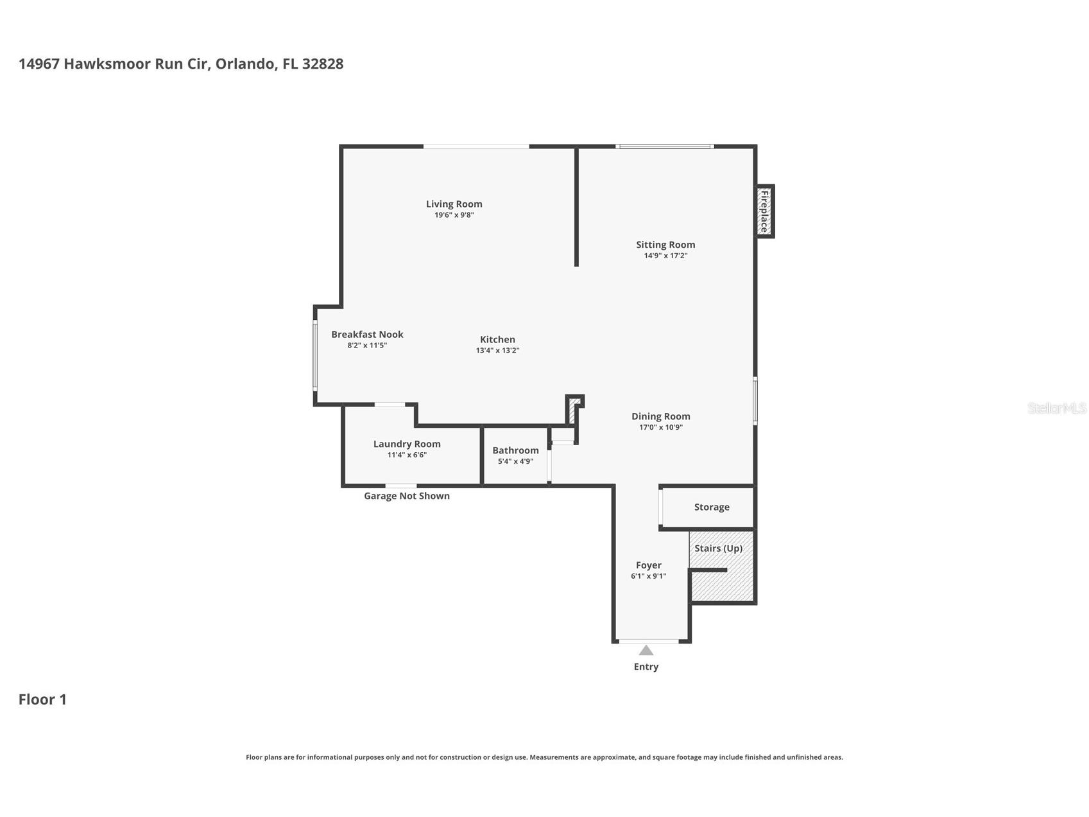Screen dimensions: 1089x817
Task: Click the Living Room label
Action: coord(454,204)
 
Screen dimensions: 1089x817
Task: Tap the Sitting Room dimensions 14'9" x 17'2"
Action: coord(665,256)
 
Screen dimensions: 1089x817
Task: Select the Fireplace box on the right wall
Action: coord(764,211)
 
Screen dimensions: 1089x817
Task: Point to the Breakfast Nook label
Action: coord(367,334)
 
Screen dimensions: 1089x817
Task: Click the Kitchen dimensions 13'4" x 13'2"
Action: coord(497,351)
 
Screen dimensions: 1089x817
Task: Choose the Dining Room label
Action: coord(661,416)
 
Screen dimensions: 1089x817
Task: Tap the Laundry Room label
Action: coord(407,444)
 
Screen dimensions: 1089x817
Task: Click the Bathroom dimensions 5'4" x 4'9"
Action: coord(515,461)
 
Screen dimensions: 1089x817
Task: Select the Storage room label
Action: coord(712,507)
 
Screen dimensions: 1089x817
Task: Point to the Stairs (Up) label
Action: coord(718,549)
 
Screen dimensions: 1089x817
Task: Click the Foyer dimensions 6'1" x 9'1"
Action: coord(648,576)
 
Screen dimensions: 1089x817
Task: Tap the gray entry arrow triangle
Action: coord(646,651)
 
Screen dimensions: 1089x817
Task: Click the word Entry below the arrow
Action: coord(646,667)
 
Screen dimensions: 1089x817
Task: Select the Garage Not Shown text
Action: coord(407,496)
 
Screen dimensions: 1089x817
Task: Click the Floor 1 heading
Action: coord(42,699)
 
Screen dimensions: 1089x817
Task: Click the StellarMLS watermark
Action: coord(1057,409)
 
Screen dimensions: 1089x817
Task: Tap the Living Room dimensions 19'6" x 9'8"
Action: coord(454,215)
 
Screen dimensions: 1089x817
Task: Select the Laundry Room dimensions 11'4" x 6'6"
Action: coord(407,455)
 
